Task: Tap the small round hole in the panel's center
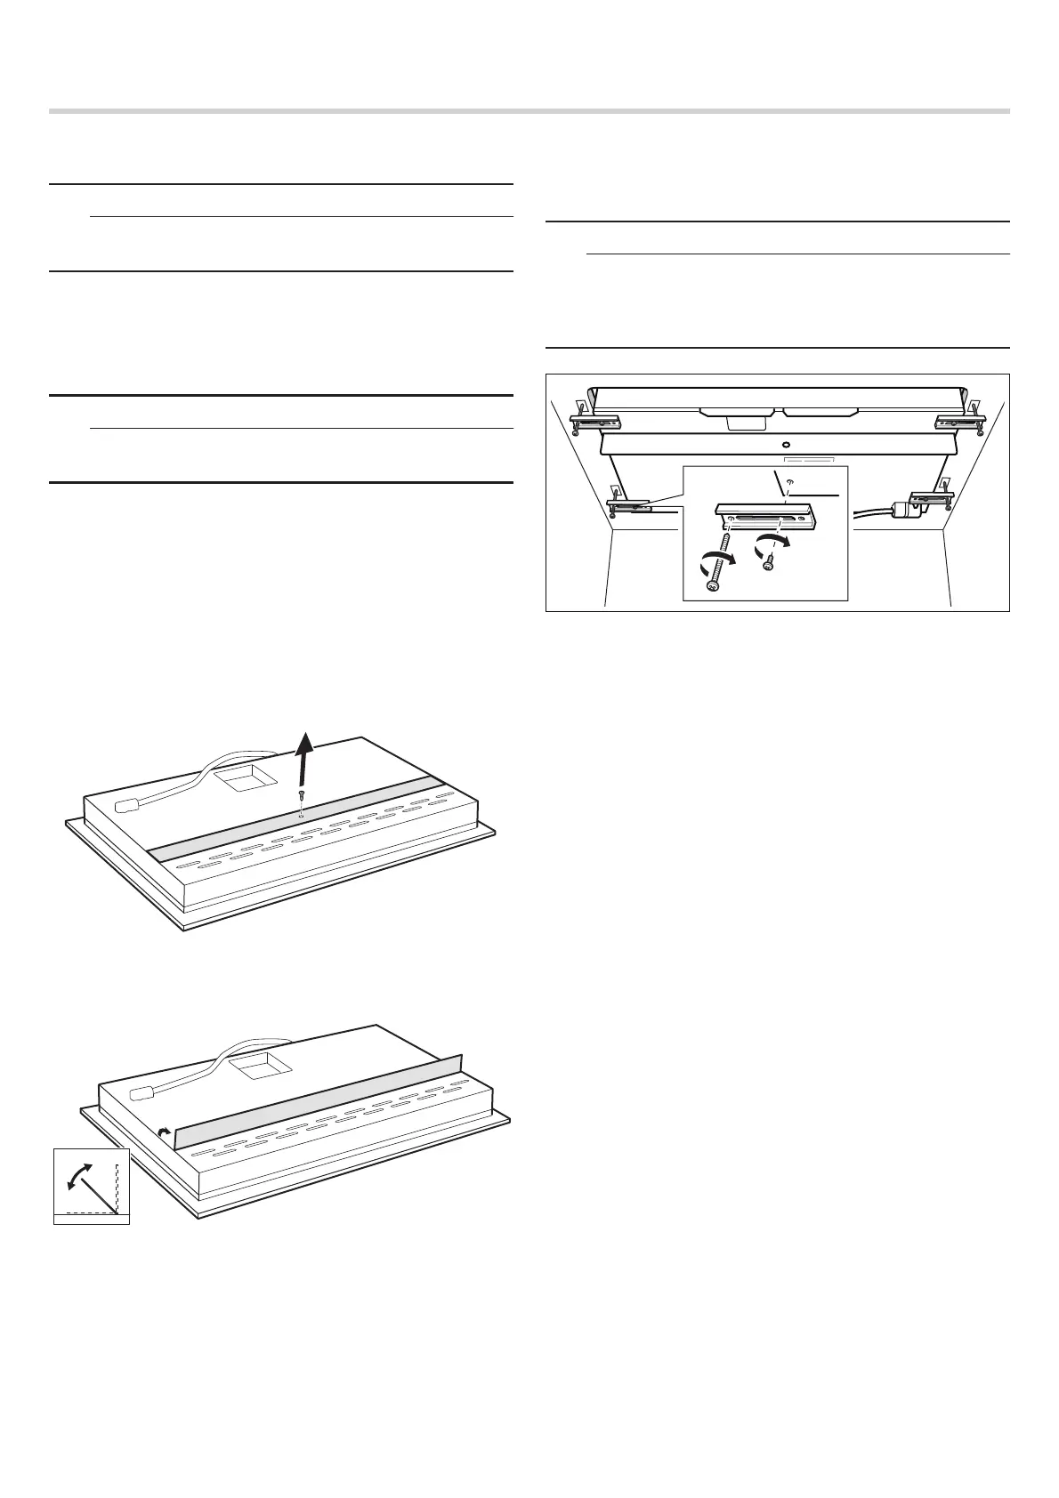click(785, 444)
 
